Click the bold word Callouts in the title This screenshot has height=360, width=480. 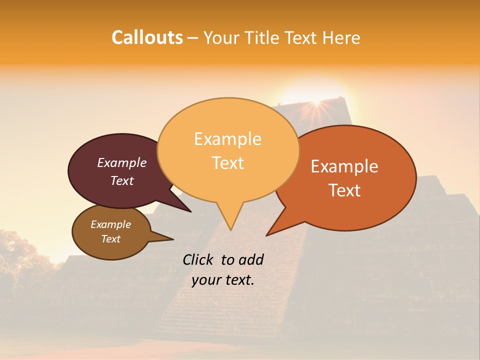point(147,37)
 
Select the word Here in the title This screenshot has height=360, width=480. point(341,37)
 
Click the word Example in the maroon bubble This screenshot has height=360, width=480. point(122,162)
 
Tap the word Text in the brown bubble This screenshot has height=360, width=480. point(111,239)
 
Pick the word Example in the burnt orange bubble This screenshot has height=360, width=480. point(344,166)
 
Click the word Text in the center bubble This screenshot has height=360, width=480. point(228,163)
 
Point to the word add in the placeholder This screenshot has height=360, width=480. point(251,259)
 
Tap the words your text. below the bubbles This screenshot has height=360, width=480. point(223,280)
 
